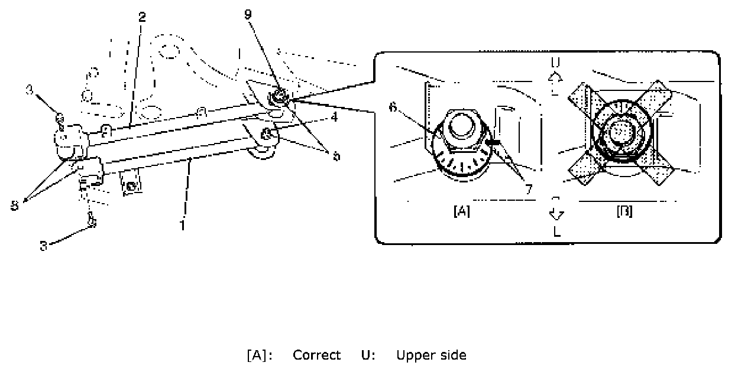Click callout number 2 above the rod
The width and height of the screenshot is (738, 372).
(142, 17)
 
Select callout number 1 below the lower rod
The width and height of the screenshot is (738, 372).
(183, 225)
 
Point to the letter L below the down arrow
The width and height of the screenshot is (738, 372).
(556, 233)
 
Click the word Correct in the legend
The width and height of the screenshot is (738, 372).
(317, 355)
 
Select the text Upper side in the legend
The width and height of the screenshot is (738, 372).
(431, 355)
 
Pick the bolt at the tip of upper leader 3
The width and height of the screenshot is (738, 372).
(60, 119)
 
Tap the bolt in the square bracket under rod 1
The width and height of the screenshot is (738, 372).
(132, 186)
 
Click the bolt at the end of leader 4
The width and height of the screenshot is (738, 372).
(267, 133)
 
